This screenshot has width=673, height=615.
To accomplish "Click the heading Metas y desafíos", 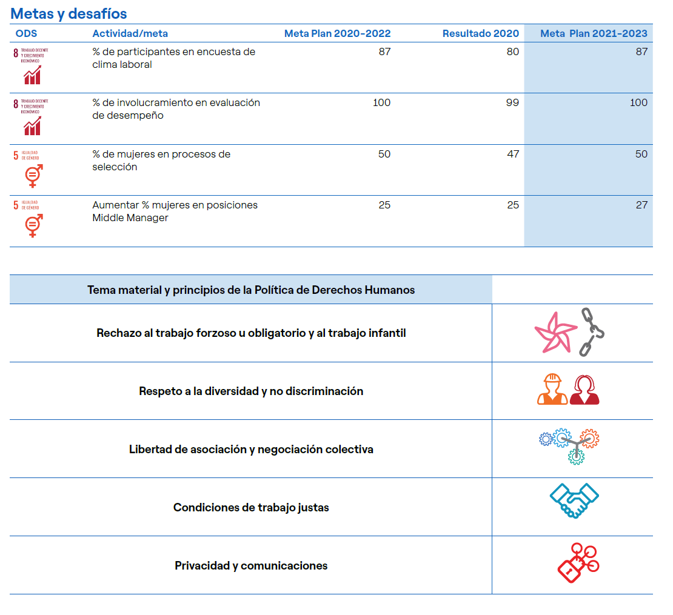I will tap(69, 13).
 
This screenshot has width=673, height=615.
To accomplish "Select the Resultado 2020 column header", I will tap(480, 34).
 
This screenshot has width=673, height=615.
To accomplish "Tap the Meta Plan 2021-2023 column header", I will tap(594, 34).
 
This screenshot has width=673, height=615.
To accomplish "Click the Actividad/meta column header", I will tap(130, 34).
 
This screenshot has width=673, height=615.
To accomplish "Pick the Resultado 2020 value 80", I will tap(512, 52).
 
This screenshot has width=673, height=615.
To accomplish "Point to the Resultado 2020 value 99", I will tap(512, 103).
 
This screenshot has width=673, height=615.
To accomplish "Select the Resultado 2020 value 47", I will tap(512, 154).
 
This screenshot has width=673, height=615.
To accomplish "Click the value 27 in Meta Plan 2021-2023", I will tap(641, 205).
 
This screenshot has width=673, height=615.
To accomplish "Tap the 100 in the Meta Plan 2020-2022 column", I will tap(381, 103).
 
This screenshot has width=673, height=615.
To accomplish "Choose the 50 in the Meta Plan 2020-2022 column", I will tap(384, 154).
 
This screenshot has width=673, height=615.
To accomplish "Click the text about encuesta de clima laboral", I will tap(173, 58).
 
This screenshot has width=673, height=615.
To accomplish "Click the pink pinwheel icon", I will tap(554, 332).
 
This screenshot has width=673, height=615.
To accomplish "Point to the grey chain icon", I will tap(591, 331).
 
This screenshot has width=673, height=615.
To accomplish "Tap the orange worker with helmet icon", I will tap(552, 390).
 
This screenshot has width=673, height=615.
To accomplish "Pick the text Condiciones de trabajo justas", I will tap(251, 508).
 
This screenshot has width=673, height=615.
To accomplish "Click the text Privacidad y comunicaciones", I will tap(251, 566).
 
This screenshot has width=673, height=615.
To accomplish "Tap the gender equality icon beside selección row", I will tap(32, 175).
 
